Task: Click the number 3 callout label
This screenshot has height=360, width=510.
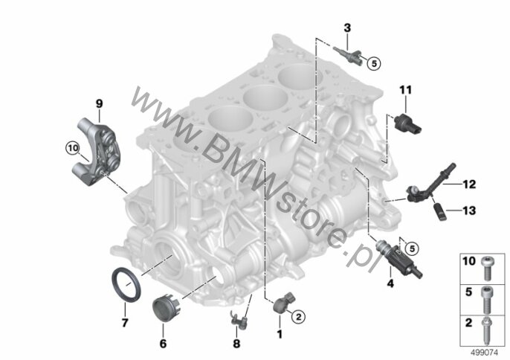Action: [x=347, y=28]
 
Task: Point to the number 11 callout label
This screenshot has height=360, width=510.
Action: [x=406, y=90]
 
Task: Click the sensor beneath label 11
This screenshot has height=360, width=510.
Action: [x=407, y=124]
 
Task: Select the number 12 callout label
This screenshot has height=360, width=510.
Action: [x=469, y=184]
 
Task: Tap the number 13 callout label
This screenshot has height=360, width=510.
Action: [x=469, y=210]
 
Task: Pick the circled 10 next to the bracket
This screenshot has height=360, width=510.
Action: [x=73, y=149]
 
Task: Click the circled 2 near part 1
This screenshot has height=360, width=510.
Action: [x=299, y=315]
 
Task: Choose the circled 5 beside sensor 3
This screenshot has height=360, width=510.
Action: [x=374, y=63]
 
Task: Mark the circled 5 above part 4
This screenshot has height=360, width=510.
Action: [x=412, y=249]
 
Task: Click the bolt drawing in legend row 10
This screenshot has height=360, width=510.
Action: [x=486, y=269]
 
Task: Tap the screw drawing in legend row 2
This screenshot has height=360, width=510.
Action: [x=486, y=330]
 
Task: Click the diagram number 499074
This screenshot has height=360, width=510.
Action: [x=485, y=353]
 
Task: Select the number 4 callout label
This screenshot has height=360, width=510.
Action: [x=390, y=283]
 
